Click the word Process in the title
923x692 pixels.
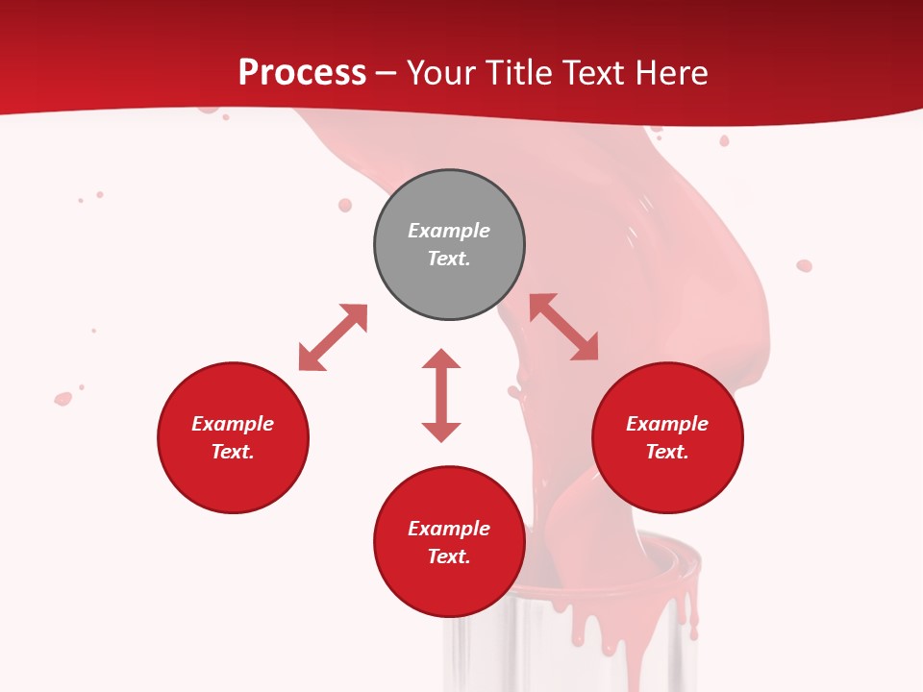click(302, 72)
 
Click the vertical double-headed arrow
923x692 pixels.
click(441, 395)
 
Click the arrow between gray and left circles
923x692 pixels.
click(333, 337)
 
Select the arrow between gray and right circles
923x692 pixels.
click(563, 327)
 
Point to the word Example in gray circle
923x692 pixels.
click(449, 231)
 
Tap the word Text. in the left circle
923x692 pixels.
click(233, 452)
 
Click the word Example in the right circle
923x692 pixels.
click(667, 424)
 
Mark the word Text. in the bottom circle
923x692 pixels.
click(449, 556)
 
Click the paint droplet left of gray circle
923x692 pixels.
click(345, 205)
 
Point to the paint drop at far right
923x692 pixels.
click(804, 265)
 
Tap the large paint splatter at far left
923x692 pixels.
click(63, 398)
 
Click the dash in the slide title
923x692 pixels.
click(386, 73)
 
